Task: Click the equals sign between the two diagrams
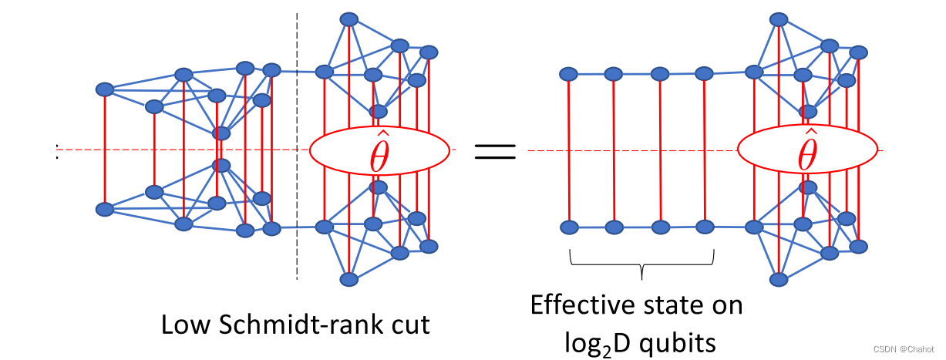pyautogui.click(x=494, y=150)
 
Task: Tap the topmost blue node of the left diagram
pyautogui.click(x=349, y=19)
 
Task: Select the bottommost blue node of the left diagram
pyautogui.click(x=349, y=279)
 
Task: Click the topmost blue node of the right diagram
pyautogui.click(x=779, y=19)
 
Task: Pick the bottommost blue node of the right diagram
pyautogui.click(x=779, y=279)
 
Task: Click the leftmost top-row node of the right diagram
pyautogui.click(x=568, y=74)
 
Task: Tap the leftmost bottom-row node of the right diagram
pyautogui.click(x=568, y=227)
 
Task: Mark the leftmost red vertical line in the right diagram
pyautogui.click(x=568, y=150)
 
